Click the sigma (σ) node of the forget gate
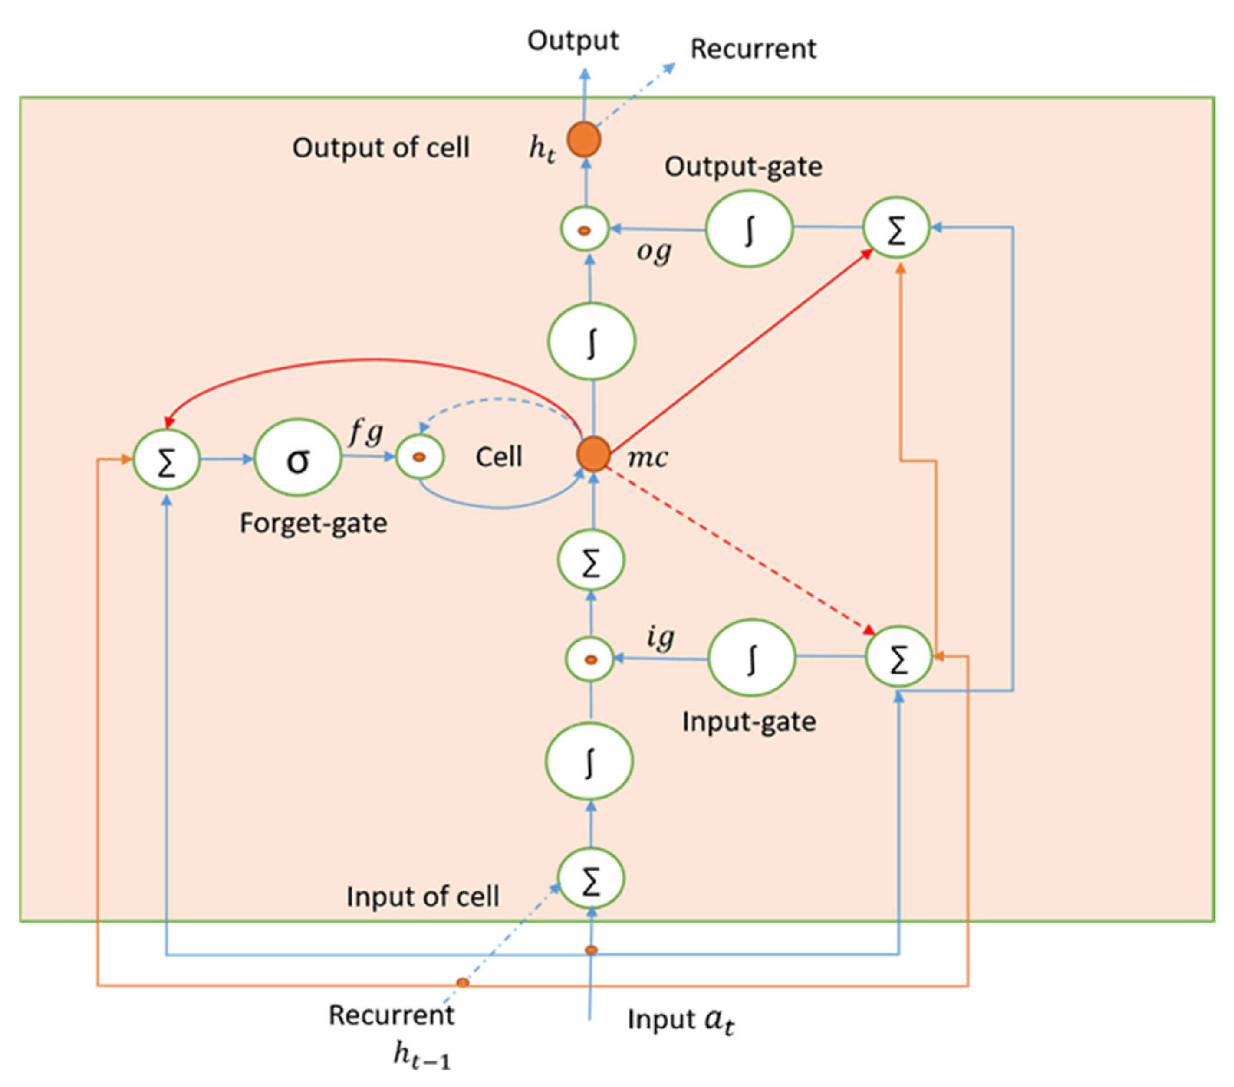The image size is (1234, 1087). [x=298, y=458]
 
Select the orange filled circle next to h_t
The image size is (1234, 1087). [x=584, y=139]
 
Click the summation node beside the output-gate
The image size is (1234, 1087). [x=896, y=228]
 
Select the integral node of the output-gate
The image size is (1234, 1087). [x=749, y=229]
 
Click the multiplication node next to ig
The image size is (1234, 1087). [x=590, y=659]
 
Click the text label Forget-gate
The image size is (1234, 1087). [x=313, y=523]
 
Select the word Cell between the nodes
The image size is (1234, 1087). [x=499, y=457]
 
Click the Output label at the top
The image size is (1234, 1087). [x=573, y=40]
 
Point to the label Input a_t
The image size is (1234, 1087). [x=681, y=1019]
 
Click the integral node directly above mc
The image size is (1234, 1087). [x=591, y=341]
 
